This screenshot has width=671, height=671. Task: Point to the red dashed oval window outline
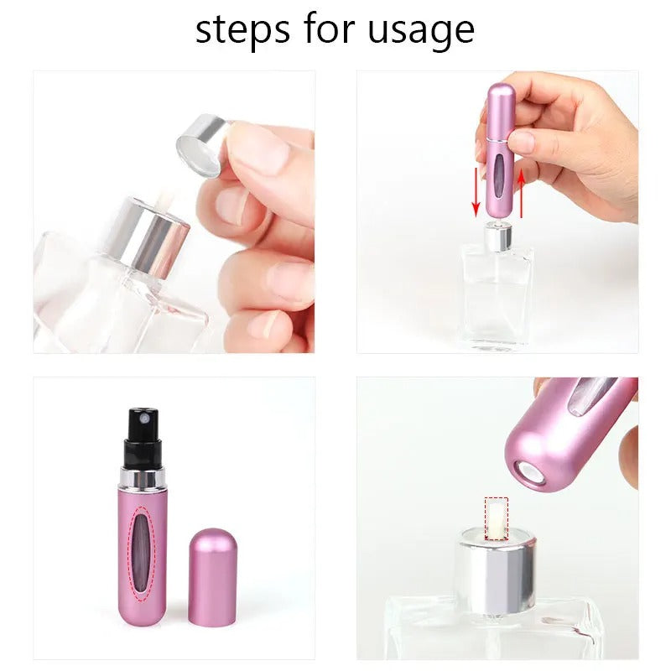click(x=144, y=553)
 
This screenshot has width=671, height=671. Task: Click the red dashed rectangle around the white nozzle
click(x=497, y=518)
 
